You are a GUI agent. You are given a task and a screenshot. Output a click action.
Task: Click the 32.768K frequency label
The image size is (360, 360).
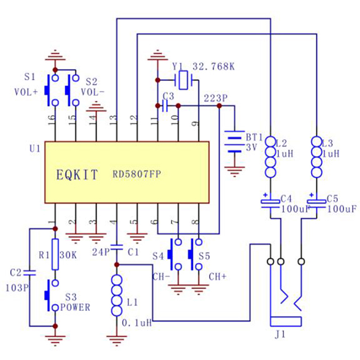click(x=213, y=67)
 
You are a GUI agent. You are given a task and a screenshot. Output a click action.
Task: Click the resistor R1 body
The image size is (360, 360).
click(x=55, y=254)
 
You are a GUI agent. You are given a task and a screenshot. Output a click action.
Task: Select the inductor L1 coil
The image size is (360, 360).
click(x=116, y=297)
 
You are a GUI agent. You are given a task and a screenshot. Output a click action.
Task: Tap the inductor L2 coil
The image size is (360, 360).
click(x=270, y=157)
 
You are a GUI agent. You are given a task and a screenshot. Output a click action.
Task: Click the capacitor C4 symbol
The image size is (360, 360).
click(x=270, y=202)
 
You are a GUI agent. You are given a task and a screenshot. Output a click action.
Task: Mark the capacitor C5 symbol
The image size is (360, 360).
click(x=316, y=202)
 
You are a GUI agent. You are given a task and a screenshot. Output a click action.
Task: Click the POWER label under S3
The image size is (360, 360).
click(x=75, y=308)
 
